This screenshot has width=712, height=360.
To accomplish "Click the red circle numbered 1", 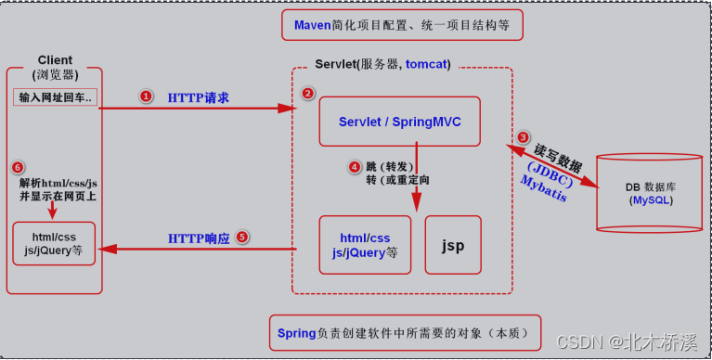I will (x=145, y=96).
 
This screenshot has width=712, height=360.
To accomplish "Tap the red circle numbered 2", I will (x=308, y=94).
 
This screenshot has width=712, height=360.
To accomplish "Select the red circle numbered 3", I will (x=524, y=137).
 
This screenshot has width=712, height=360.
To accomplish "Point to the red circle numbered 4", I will (x=354, y=167).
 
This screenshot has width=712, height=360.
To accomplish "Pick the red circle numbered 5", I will (x=242, y=237).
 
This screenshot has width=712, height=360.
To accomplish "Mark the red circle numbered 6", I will (x=18, y=167).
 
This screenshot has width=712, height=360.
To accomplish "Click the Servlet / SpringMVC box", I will (x=399, y=122).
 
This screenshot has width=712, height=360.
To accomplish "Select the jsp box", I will (x=453, y=245).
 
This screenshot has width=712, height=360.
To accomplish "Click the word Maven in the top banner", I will (x=313, y=25).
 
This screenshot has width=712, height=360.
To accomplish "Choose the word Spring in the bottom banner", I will (x=297, y=332).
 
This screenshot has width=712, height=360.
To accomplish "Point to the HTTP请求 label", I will (x=198, y=97).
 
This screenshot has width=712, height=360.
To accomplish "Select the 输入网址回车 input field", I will (x=56, y=98).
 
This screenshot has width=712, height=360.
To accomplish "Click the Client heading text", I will (x=55, y=60).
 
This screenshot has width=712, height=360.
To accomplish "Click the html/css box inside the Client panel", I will (x=54, y=243).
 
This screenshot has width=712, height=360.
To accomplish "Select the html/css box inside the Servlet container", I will (x=365, y=245).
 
